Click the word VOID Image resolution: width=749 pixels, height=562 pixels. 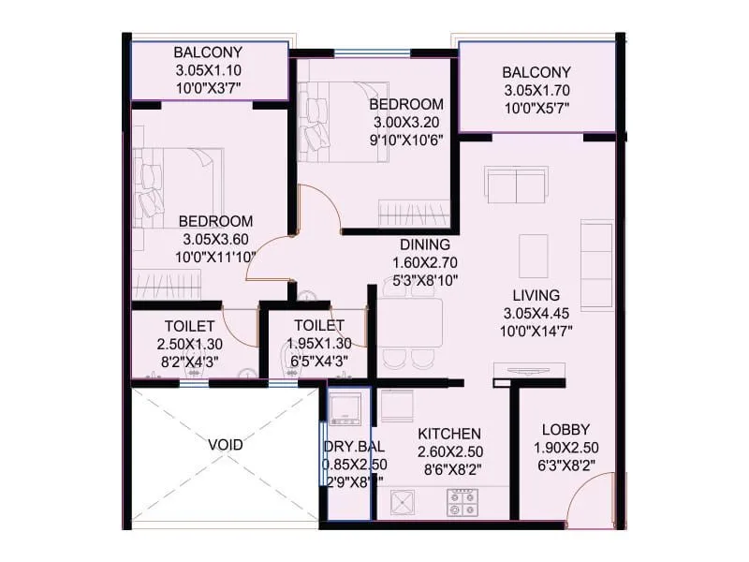[225, 445]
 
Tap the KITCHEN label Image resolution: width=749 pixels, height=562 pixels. [449, 434]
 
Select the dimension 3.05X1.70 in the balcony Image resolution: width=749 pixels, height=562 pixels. [536, 91]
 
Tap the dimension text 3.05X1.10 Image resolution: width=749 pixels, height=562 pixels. [208, 70]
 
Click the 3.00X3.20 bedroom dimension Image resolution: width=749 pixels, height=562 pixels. [405, 122]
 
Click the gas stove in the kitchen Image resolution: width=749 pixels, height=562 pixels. [462, 503]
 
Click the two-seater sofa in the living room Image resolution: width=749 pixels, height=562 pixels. [516, 185]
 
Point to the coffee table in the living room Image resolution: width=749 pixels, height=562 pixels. [533, 251]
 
